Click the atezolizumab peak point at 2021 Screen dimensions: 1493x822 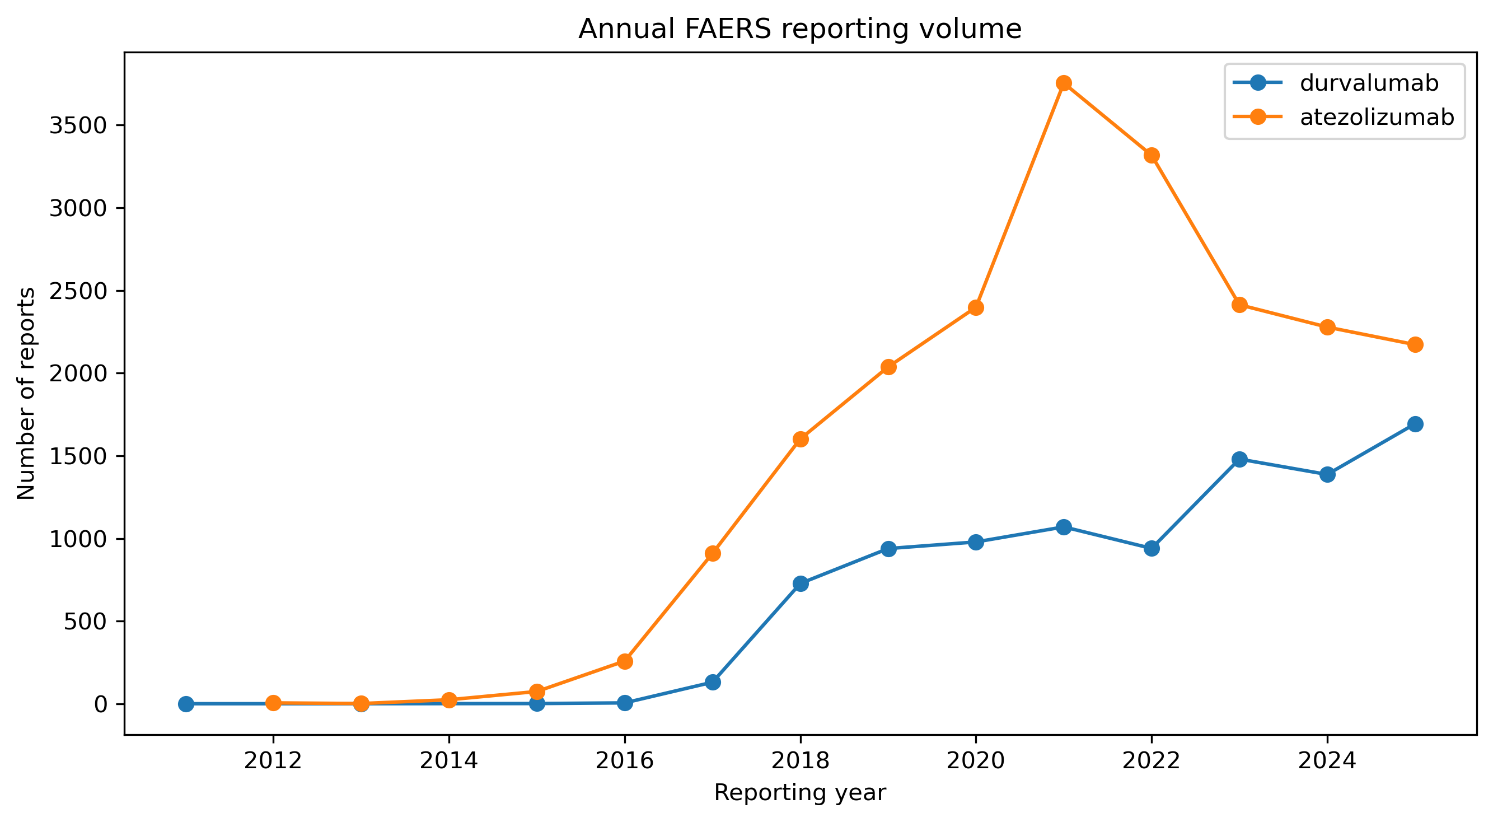1064,83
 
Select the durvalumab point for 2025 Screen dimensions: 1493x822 1415,424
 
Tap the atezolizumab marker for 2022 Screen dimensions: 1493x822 1152,155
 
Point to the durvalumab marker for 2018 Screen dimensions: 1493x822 801,583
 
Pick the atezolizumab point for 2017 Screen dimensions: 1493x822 713,554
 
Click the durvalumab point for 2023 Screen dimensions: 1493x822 1240,459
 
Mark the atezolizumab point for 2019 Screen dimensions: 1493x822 888,367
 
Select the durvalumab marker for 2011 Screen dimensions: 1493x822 186,704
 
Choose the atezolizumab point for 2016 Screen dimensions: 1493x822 625,661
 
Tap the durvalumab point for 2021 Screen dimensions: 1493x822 1064,527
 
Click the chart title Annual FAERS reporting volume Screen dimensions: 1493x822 800,29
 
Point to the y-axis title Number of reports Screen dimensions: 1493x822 26,394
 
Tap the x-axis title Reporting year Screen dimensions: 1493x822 800,792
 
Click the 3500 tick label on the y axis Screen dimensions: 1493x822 79,125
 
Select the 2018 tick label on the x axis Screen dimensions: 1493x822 801,760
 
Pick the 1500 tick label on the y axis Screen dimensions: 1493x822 79,456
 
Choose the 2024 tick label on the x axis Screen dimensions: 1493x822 1327,760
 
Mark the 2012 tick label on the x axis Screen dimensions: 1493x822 274,760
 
